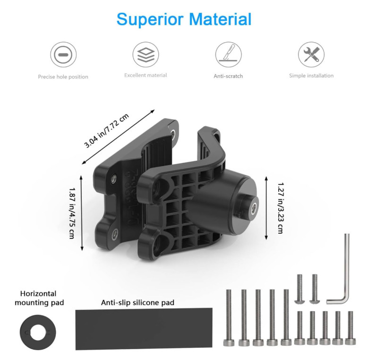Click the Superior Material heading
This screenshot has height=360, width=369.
[x=184, y=19]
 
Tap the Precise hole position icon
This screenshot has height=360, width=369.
[x=63, y=55]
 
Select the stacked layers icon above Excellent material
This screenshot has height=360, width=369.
[x=146, y=55]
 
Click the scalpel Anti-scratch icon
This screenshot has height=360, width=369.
[x=229, y=55]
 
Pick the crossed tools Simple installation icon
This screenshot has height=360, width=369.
[x=311, y=55]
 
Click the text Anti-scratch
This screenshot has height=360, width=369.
[x=228, y=76]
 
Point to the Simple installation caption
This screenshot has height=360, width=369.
[x=311, y=76]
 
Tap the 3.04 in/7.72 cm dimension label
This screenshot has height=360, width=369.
[x=107, y=131]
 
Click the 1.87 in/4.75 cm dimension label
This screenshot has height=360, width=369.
[x=72, y=213]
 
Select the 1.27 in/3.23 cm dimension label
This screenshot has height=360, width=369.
[x=281, y=208]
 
